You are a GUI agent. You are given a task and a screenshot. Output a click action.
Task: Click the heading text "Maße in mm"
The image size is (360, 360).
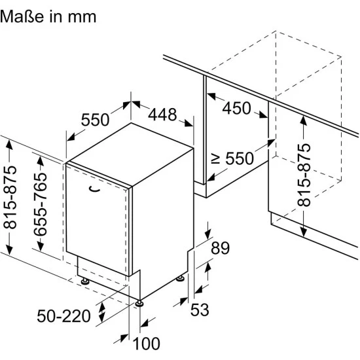click(48, 16)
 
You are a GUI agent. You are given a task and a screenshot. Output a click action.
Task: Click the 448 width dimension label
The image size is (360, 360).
click(162, 115)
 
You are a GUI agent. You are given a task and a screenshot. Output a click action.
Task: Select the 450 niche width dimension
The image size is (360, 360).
click(237, 108)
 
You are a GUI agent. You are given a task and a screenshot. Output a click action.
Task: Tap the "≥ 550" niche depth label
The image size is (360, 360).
click(232, 158)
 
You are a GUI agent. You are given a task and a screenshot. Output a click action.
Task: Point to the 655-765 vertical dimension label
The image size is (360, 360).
click(40, 204)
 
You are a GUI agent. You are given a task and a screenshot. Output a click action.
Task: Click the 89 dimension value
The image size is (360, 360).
click(220, 248)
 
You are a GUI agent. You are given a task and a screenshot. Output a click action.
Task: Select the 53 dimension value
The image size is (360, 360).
click(200, 310)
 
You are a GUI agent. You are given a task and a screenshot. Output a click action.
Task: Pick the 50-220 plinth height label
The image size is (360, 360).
click(64, 316)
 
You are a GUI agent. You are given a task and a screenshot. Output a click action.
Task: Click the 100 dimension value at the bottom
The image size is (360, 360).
click(146, 344)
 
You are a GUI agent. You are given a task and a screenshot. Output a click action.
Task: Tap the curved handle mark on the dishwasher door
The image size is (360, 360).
click(94, 189)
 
